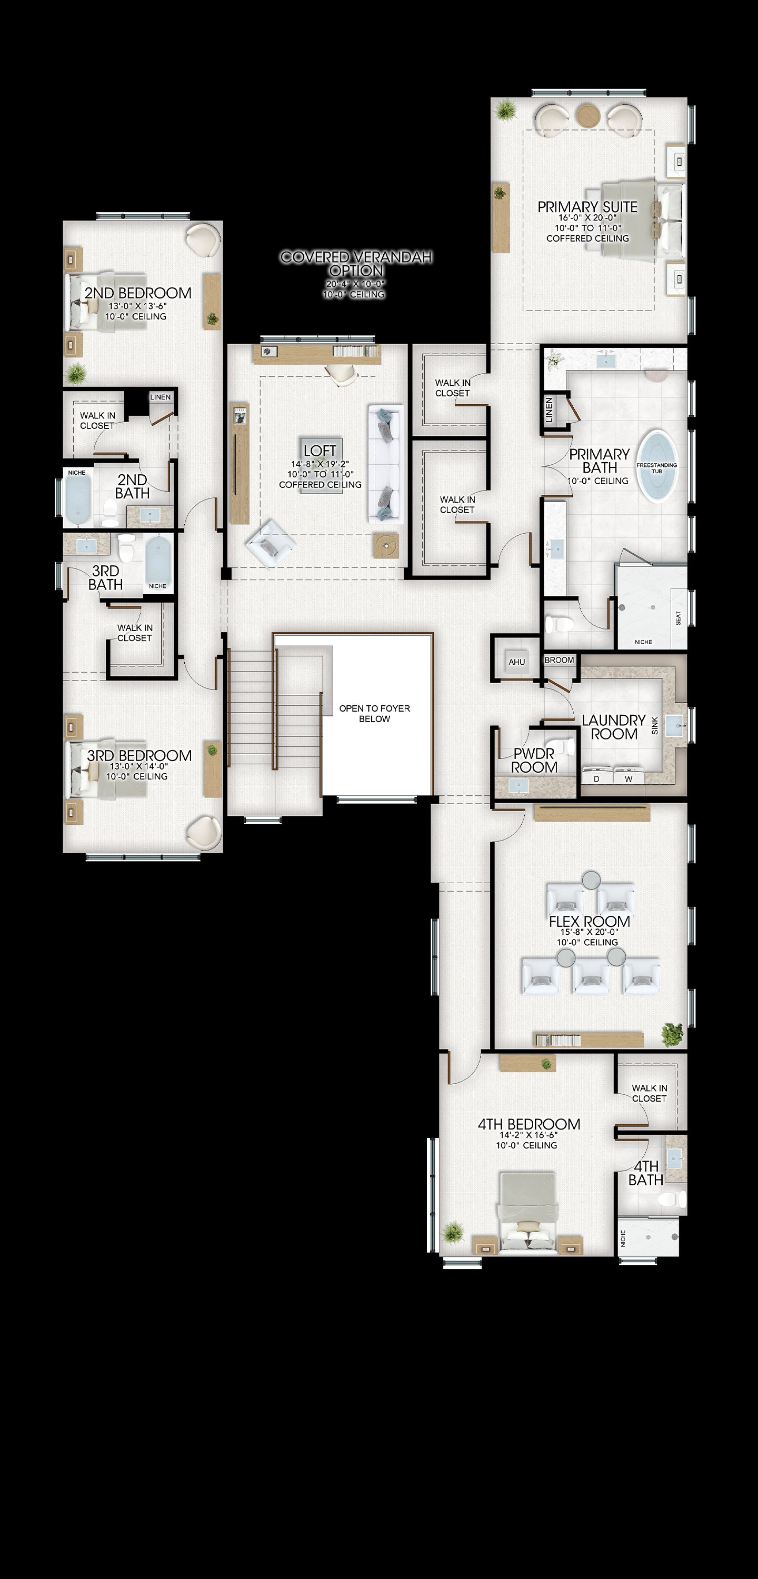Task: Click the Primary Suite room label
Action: pyautogui.click(x=587, y=207)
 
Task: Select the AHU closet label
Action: pyautogui.click(x=516, y=662)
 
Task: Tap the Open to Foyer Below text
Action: pyautogui.click(x=374, y=714)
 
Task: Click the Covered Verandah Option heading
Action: pyautogui.click(x=356, y=264)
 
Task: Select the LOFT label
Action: pyautogui.click(x=320, y=451)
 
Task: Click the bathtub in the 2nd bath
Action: pyautogui.click(x=78, y=498)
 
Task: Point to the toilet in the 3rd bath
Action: pyautogui.click(x=126, y=548)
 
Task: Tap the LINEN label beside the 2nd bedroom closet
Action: pyautogui.click(x=161, y=397)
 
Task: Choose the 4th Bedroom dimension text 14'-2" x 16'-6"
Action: pyautogui.click(x=528, y=1135)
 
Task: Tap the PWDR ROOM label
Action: pyautogui.click(x=534, y=760)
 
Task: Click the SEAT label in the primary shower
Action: pyautogui.click(x=679, y=618)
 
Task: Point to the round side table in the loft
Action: pyautogui.click(x=386, y=545)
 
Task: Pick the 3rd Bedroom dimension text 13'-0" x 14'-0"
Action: pyautogui.click(x=138, y=766)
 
